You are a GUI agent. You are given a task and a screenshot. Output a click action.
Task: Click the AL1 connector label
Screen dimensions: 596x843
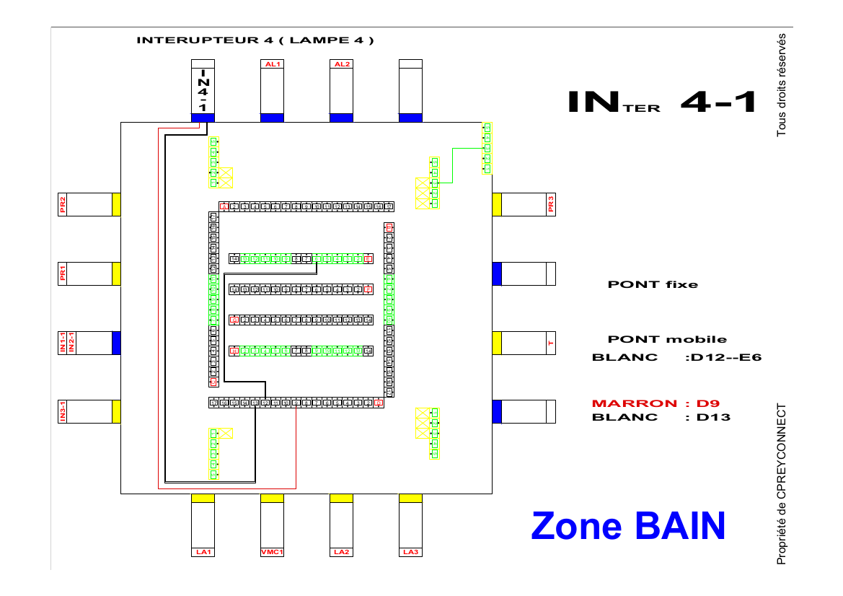[x=272, y=64]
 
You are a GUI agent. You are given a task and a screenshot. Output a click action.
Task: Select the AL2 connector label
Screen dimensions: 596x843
[x=341, y=64]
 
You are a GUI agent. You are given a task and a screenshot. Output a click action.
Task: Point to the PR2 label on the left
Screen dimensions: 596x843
[x=63, y=204]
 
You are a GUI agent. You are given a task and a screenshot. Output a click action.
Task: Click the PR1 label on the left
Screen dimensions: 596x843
[x=63, y=273]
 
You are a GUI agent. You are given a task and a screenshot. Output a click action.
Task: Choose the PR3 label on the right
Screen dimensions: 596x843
[x=551, y=204]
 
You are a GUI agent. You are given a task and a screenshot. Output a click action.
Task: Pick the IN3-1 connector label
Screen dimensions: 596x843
[x=63, y=411]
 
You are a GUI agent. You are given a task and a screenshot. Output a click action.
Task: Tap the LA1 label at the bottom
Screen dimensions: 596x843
[x=203, y=552]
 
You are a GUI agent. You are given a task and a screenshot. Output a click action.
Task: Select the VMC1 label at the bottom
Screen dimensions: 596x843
[x=272, y=552]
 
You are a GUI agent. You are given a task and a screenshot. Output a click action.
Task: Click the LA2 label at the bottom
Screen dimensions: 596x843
[x=341, y=552]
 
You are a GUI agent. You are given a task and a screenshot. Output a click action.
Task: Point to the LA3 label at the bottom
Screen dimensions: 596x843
[x=410, y=552]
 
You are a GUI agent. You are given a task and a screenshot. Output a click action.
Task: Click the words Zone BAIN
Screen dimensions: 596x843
[x=627, y=525]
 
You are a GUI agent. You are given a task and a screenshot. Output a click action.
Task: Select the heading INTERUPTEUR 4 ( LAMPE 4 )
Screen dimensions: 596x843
[x=255, y=40]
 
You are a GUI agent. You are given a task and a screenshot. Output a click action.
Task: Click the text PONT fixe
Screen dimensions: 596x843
[x=653, y=284]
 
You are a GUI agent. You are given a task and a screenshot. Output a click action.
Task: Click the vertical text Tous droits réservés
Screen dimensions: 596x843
[x=781, y=85]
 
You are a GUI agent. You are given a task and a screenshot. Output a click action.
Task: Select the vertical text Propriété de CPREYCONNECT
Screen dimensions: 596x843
[x=781, y=484]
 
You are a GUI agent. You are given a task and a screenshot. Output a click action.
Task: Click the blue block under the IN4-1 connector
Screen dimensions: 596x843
[x=203, y=118]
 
